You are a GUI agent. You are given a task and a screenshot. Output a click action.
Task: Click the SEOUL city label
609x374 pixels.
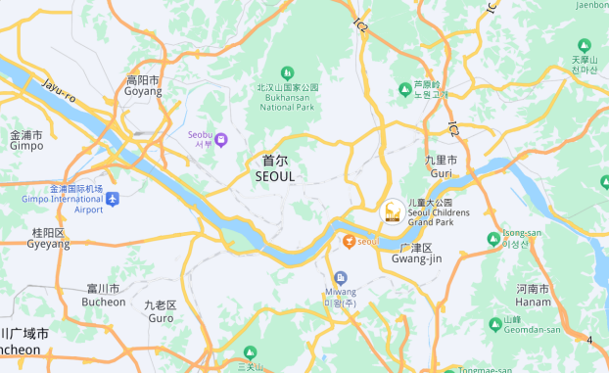274,168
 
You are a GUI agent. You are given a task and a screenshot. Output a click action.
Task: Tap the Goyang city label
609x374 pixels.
143,86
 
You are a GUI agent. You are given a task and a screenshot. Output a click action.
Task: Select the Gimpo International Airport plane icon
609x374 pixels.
113,200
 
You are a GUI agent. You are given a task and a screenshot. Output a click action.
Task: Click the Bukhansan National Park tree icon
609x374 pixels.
287,72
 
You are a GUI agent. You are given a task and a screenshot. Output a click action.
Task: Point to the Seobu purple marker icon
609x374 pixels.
221,140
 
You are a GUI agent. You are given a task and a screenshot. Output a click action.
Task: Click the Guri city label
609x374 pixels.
441,166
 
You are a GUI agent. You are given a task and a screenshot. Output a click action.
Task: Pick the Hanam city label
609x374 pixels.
533,296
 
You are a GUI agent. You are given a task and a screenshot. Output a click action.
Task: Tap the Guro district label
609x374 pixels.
160,312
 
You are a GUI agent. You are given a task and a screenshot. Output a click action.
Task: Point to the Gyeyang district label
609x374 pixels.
48,239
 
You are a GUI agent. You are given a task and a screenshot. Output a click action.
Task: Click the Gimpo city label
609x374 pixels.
26,140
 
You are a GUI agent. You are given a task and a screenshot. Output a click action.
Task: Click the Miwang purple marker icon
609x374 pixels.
340,278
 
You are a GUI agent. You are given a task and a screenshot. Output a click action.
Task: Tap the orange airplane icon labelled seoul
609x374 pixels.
348,241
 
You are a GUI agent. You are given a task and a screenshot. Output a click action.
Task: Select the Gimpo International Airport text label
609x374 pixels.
63,199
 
